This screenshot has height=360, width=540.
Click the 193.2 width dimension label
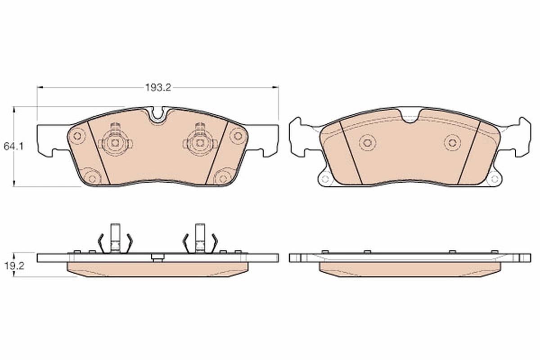pyautogui.click(x=158, y=88)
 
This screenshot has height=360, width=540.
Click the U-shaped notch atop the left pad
pyautogui.click(x=157, y=114)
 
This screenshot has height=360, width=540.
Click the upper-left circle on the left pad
pyautogui.click(x=77, y=135)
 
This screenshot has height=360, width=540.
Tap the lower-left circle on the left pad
pyautogui.click(x=92, y=178)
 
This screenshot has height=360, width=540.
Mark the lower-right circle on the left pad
pyautogui.click(x=222, y=178)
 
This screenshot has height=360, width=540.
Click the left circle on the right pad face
pyautogui.click(x=367, y=143)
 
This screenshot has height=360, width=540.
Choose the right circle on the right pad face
pyautogui.click(x=452, y=143)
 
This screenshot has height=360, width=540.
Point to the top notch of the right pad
pyautogui.click(x=409, y=117)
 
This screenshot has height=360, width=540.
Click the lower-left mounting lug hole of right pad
pyautogui.click(x=325, y=179)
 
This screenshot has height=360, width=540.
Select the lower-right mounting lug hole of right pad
pyautogui.click(x=494, y=179)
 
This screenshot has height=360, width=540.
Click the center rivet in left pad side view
pyautogui.click(x=157, y=258)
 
